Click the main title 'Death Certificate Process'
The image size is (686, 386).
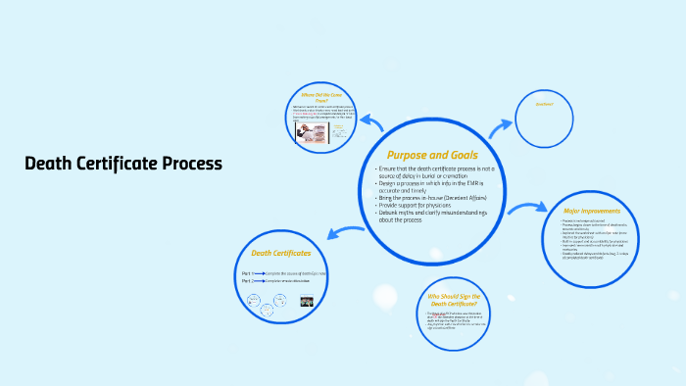tap(123, 163)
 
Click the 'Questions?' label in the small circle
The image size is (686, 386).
tap(544, 104)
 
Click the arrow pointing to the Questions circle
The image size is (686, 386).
tap(502, 125)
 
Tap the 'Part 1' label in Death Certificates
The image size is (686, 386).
tap(246, 272)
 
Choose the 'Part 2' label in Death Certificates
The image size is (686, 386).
tap(246, 281)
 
